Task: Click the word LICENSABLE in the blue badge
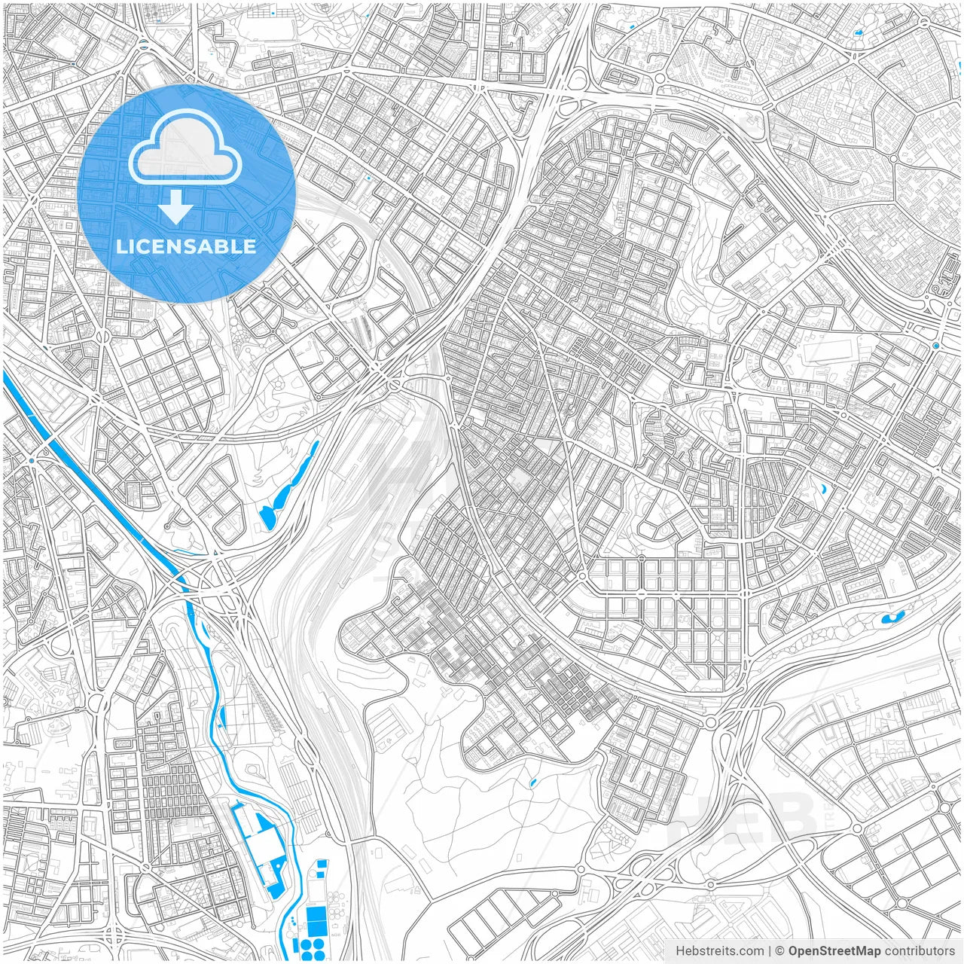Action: click(x=186, y=246)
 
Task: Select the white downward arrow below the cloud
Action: click(x=176, y=207)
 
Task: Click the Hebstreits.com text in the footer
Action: click(x=719, y=951)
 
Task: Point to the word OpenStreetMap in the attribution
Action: click(x=834, y=951)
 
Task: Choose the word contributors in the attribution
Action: click(x=919, y=951)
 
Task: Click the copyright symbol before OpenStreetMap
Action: click(x=780, y=951)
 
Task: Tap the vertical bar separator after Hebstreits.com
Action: click(x=769, y=951)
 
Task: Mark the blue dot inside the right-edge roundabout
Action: click(x=935, y=346)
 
